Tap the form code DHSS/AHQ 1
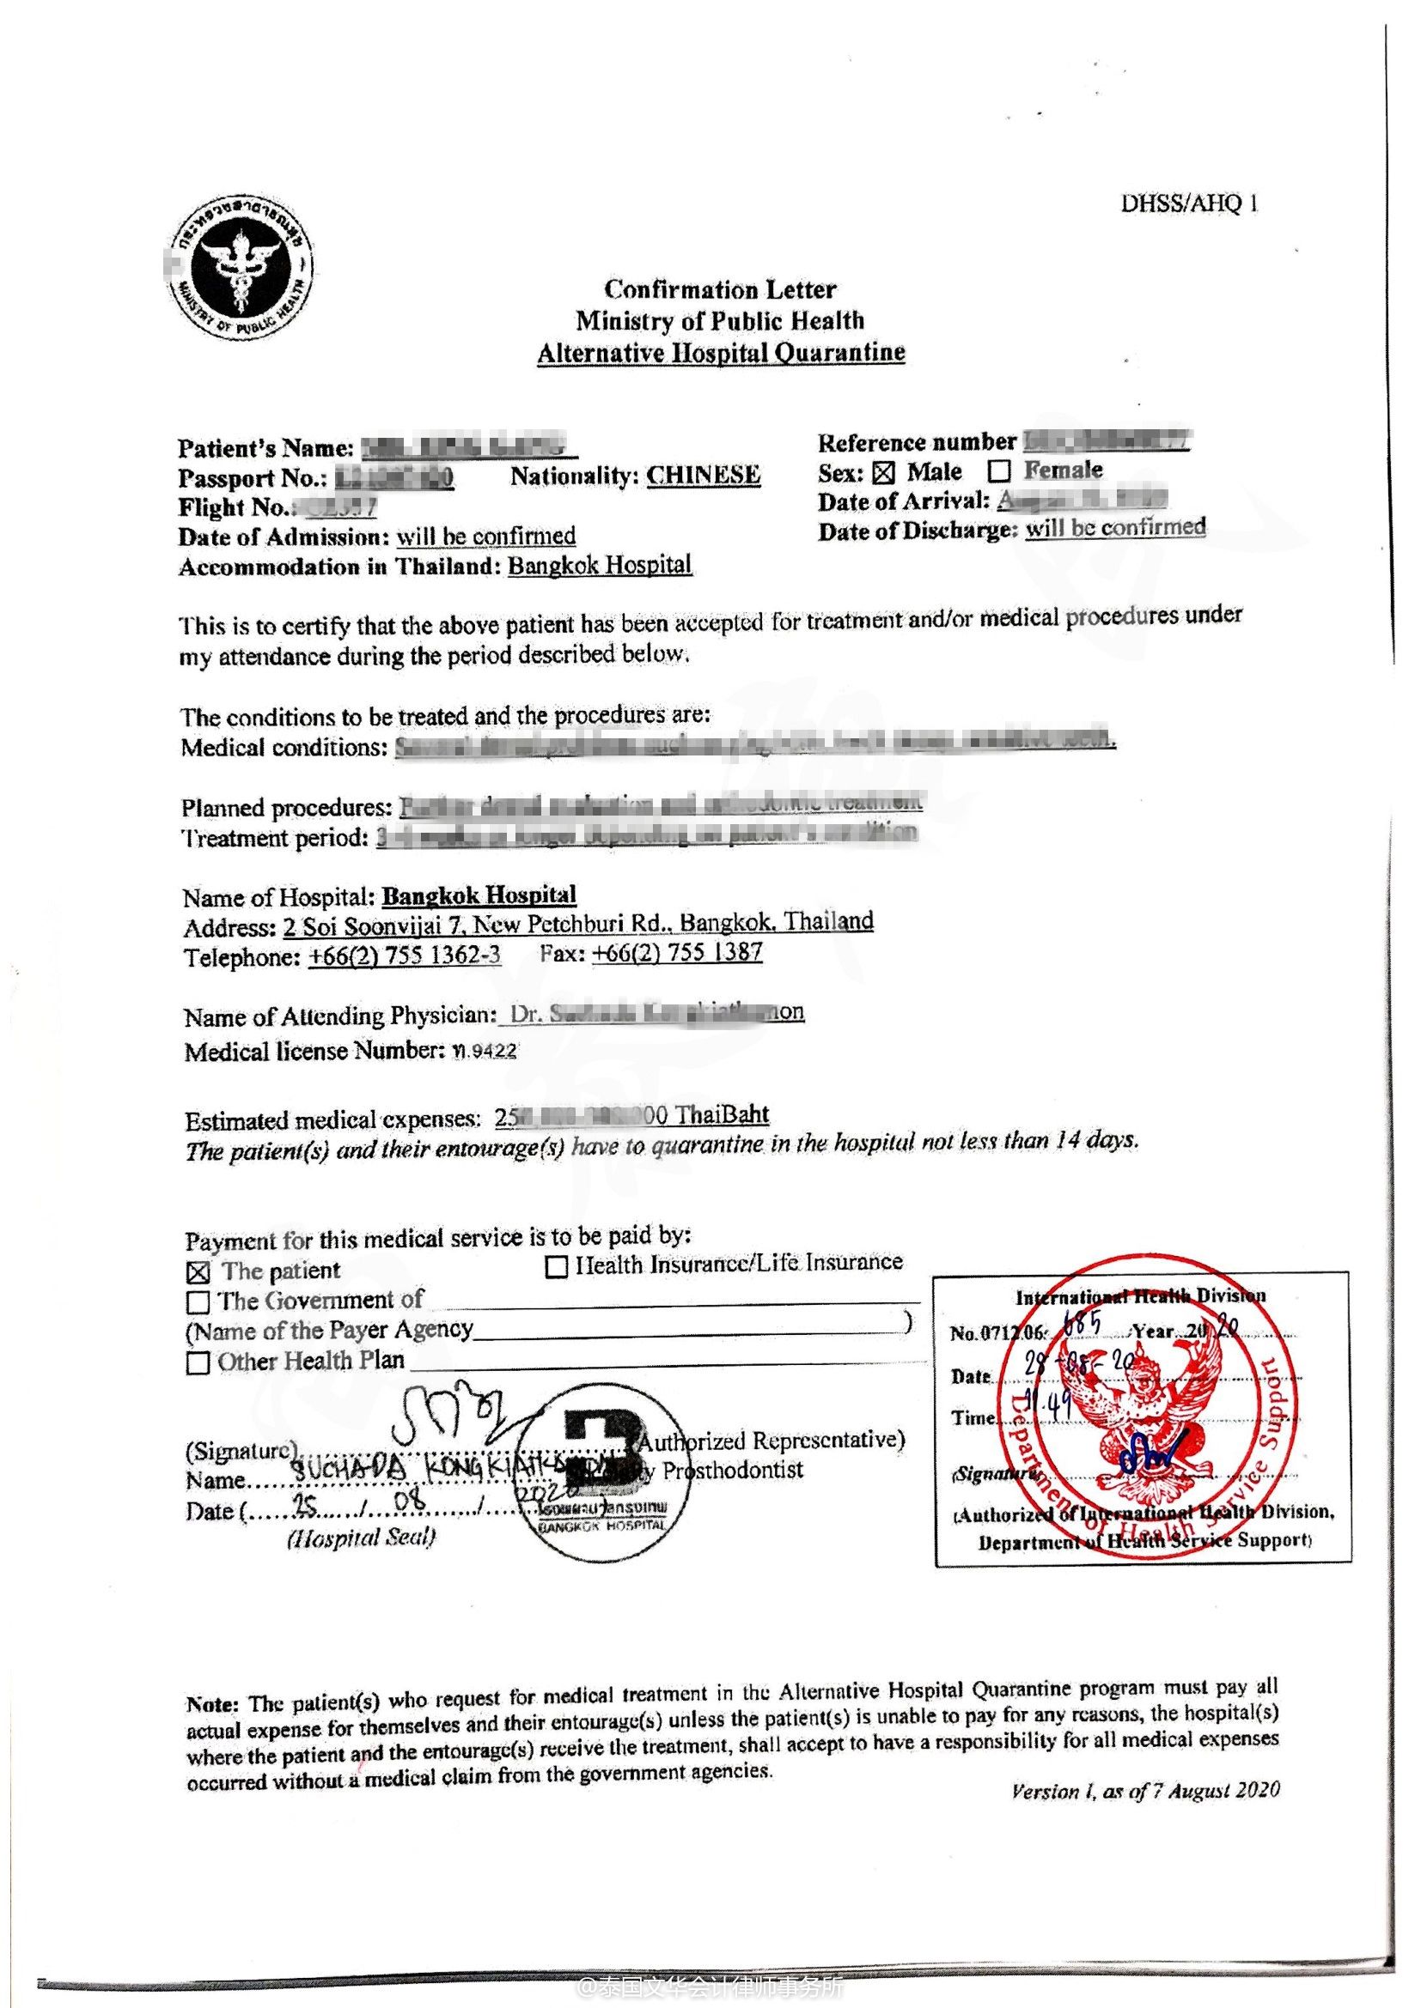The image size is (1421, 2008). click(1189, 203)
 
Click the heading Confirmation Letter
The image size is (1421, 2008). click(719, 288)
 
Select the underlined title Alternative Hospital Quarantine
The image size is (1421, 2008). click(720, 353)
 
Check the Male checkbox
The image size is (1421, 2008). click(884, 473)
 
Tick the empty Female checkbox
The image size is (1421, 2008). click(998, 471)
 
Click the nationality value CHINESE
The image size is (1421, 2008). click(704, 475)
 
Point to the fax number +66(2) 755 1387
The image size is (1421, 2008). click(676, 951)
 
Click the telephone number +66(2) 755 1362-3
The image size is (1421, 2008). click(405, 955)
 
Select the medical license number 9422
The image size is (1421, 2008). click(491, 1050)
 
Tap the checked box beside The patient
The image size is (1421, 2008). click(198, 1272)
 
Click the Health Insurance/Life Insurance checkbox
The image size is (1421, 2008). click(557, 1266)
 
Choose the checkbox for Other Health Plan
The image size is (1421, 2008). click(198, 1362)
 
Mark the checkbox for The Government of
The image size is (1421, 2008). click(198, 1302)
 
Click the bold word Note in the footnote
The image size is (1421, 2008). click(211, 1703)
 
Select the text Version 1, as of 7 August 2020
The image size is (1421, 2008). click(1144, 1790)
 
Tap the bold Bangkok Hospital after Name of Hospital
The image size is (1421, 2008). click(479, 895)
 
